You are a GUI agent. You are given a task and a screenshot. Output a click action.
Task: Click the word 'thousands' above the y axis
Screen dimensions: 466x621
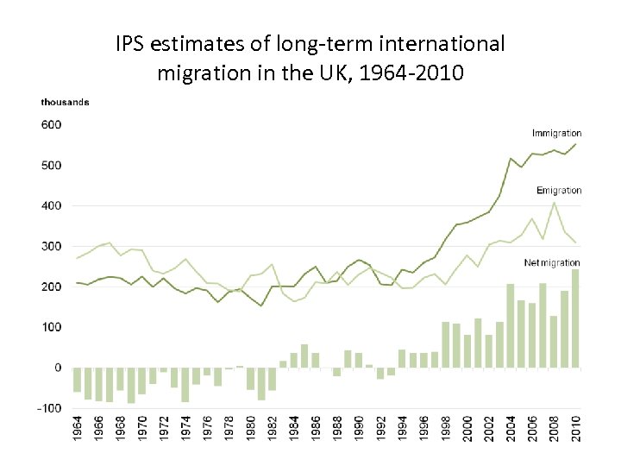65,103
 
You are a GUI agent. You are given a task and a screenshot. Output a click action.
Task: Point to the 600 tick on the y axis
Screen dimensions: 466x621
51,124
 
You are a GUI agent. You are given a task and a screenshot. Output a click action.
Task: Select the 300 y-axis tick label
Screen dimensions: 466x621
51,246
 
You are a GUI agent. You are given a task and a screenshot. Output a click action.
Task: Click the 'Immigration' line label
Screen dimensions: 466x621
556,133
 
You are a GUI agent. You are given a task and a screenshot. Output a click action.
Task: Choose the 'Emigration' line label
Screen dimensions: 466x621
559,190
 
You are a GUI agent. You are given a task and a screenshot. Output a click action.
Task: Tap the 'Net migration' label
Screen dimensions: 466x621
552,262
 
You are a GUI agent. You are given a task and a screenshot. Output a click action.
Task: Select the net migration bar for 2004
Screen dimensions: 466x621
511,325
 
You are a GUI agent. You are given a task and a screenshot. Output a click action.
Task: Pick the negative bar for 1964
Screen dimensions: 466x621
78,380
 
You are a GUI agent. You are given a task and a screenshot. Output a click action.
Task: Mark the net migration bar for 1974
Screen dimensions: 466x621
185,385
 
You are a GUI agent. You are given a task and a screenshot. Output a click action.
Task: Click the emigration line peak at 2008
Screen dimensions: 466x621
554,204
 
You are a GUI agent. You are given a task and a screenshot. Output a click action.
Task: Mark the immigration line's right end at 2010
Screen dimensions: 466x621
575,144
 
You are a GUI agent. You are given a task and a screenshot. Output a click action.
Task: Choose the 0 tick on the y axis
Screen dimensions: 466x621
58,368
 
